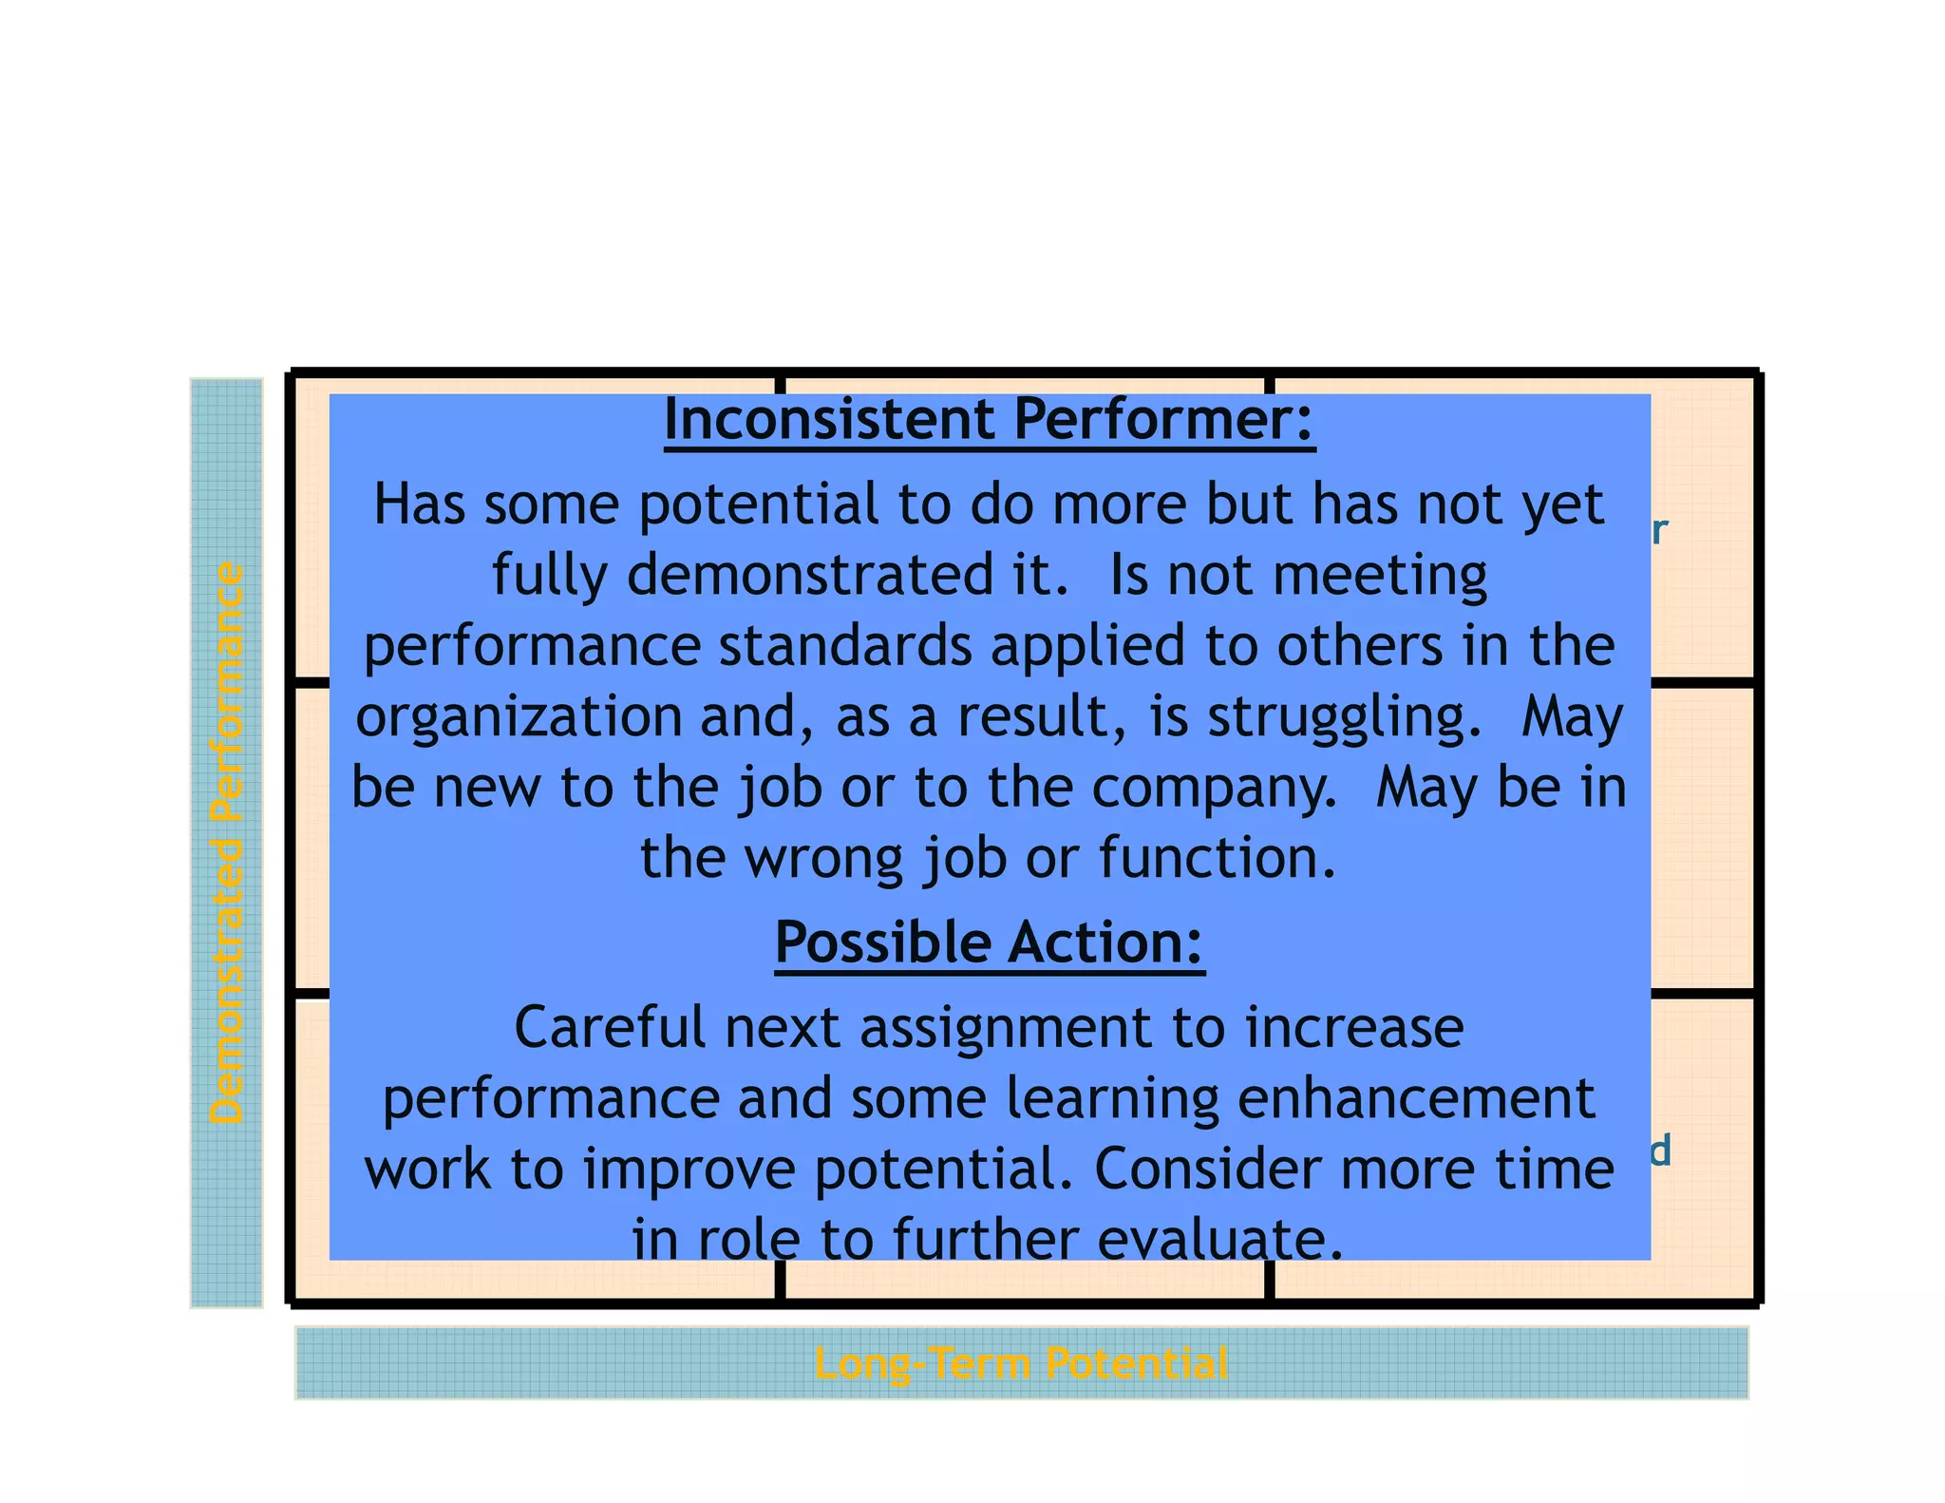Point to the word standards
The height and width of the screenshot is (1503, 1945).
845,646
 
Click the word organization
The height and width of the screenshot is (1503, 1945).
519,717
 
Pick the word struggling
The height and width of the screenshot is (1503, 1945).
1343,717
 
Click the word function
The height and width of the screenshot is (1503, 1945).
1218,858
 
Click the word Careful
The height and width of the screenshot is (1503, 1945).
611,1028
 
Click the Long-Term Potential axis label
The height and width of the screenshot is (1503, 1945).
1021,1363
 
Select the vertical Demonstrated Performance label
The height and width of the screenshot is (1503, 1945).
227,843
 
